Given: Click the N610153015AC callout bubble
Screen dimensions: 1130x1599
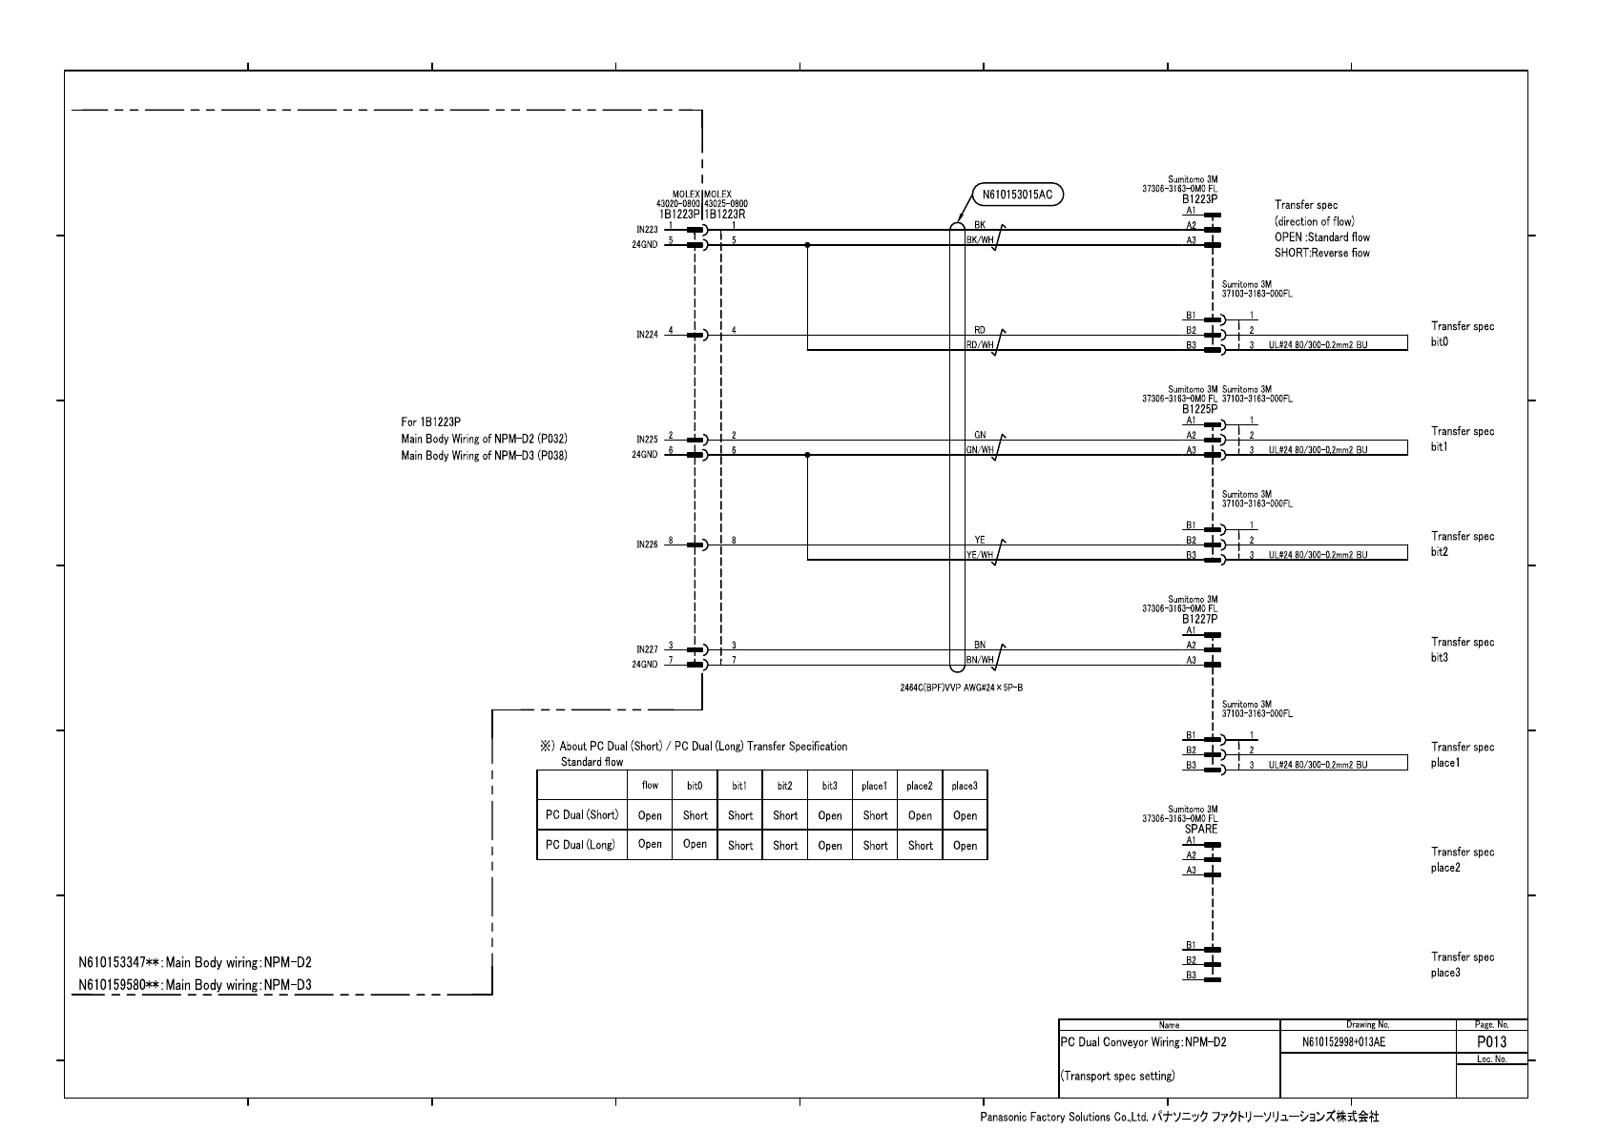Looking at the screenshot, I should click(x=1017, y=195).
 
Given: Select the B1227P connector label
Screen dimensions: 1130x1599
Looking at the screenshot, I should click(x=1199, y=619).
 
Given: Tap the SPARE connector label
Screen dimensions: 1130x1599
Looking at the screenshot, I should click(x=1201, y=829).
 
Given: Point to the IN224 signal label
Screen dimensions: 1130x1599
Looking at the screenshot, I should click(x=647, y=336).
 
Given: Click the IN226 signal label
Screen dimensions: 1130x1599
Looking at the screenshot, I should click(x=647, y=545).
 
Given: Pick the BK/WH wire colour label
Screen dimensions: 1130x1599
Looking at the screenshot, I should click(x=980, y=241).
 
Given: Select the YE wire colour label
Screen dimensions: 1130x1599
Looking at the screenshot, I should click(x=980, y=540).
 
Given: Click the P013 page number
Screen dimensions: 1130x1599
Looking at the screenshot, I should click(x=1491, y=1042).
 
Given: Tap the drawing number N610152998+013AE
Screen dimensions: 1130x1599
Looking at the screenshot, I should click(x=1343, y=1042).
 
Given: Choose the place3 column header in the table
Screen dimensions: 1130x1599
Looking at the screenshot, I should click(x=965, y=786).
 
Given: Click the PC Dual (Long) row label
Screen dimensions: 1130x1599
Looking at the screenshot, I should click(x=580, y=845).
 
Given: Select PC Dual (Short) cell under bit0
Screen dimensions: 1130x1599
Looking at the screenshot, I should click(x=695, y=815).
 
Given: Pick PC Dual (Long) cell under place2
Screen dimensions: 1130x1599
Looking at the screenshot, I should click(x=920, y=845).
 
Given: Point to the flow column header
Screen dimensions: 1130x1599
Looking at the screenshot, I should click(x=650, y=786).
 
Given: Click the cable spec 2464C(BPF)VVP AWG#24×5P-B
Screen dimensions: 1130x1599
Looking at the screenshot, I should click(x=961, y=688).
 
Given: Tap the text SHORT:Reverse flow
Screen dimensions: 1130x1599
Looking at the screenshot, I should click(x=1321, y=253).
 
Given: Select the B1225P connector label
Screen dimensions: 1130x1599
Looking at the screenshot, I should click(x=1199, y=409).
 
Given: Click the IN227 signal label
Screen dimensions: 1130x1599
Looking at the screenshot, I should click(x=647, y=649).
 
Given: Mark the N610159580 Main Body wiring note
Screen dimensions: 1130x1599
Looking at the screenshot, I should click(x=195, y=985).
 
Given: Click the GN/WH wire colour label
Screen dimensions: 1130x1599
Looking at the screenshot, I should click(x=980, y=450).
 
